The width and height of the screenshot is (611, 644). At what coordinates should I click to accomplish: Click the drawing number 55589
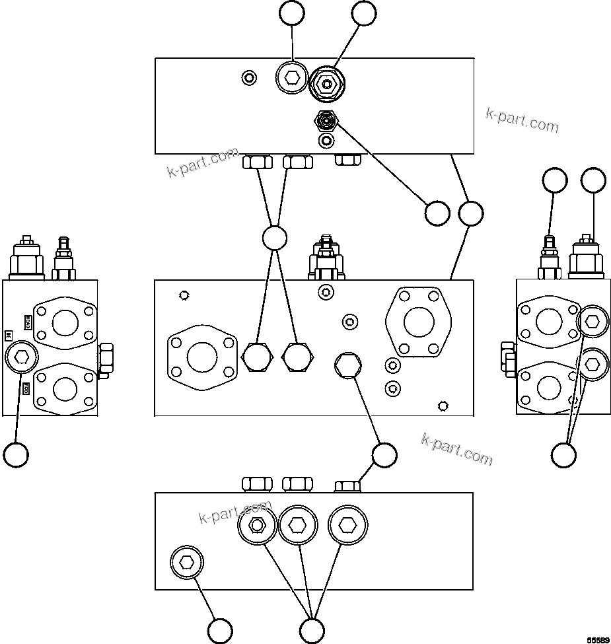click(597, 639)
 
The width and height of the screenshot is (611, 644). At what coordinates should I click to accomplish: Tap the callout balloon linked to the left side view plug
click(16, 454)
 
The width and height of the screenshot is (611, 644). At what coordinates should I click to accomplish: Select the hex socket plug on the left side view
click(21, 358)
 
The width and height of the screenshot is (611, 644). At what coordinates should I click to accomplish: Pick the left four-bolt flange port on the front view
click(202, 357)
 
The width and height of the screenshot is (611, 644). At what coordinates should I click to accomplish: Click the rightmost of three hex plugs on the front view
click(348, 366)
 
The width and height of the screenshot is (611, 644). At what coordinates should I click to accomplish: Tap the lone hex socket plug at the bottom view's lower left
click(187, 563)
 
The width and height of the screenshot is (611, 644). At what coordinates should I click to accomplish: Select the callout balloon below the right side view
click(563, 454)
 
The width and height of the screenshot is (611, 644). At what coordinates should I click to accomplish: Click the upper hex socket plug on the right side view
click(592, 322)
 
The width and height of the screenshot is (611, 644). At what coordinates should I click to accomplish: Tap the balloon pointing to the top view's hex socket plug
click(291, 13)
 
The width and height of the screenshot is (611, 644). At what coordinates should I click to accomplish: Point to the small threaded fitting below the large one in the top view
click(326, 120)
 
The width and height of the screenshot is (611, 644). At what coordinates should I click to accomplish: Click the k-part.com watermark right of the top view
click(522, 120)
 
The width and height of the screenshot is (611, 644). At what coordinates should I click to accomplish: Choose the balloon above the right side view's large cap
click(593, 180)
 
